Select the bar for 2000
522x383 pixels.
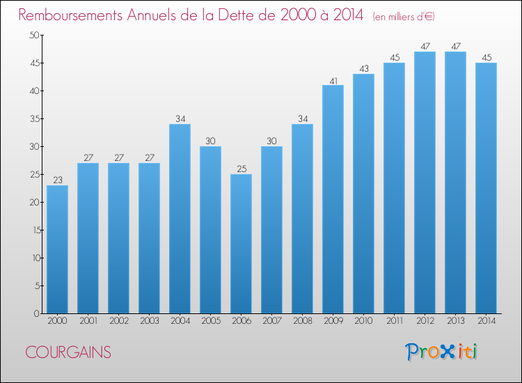click(x=57, y=249)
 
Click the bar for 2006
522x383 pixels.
click(x=241, y=244)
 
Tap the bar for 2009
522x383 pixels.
click(x=333, y=199)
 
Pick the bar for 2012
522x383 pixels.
click(x=425, y=182)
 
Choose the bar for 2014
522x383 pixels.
click(x=486, y=188)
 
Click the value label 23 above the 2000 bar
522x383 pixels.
click(x=58, y=180)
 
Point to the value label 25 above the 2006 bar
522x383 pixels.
click(x=242, y=169)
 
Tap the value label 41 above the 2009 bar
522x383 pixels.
click(x=333, y=81)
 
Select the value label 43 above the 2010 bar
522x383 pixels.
click(x=364, y=69)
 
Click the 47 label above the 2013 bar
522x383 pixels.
click(x=456, y=46)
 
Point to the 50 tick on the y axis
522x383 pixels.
click(x=34, y=35)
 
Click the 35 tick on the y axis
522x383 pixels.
click(x=35, y=118)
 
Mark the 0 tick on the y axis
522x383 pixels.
click(x=37, y=314)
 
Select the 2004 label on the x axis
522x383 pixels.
click(x=180, y=321)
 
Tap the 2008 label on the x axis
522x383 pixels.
click(x=303, y=321)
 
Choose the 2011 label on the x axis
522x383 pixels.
click(x=395, y=321)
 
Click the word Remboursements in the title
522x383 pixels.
click(x=70, y=15)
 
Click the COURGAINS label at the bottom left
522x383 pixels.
click(x=68, y=352)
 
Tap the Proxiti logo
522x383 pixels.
click(x=441, y=352)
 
